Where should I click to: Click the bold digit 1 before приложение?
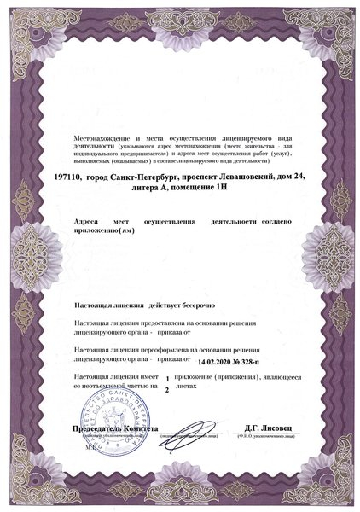pos(167,378)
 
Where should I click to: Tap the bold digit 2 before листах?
pos(167,389)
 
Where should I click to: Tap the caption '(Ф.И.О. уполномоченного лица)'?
pos(266,437)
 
